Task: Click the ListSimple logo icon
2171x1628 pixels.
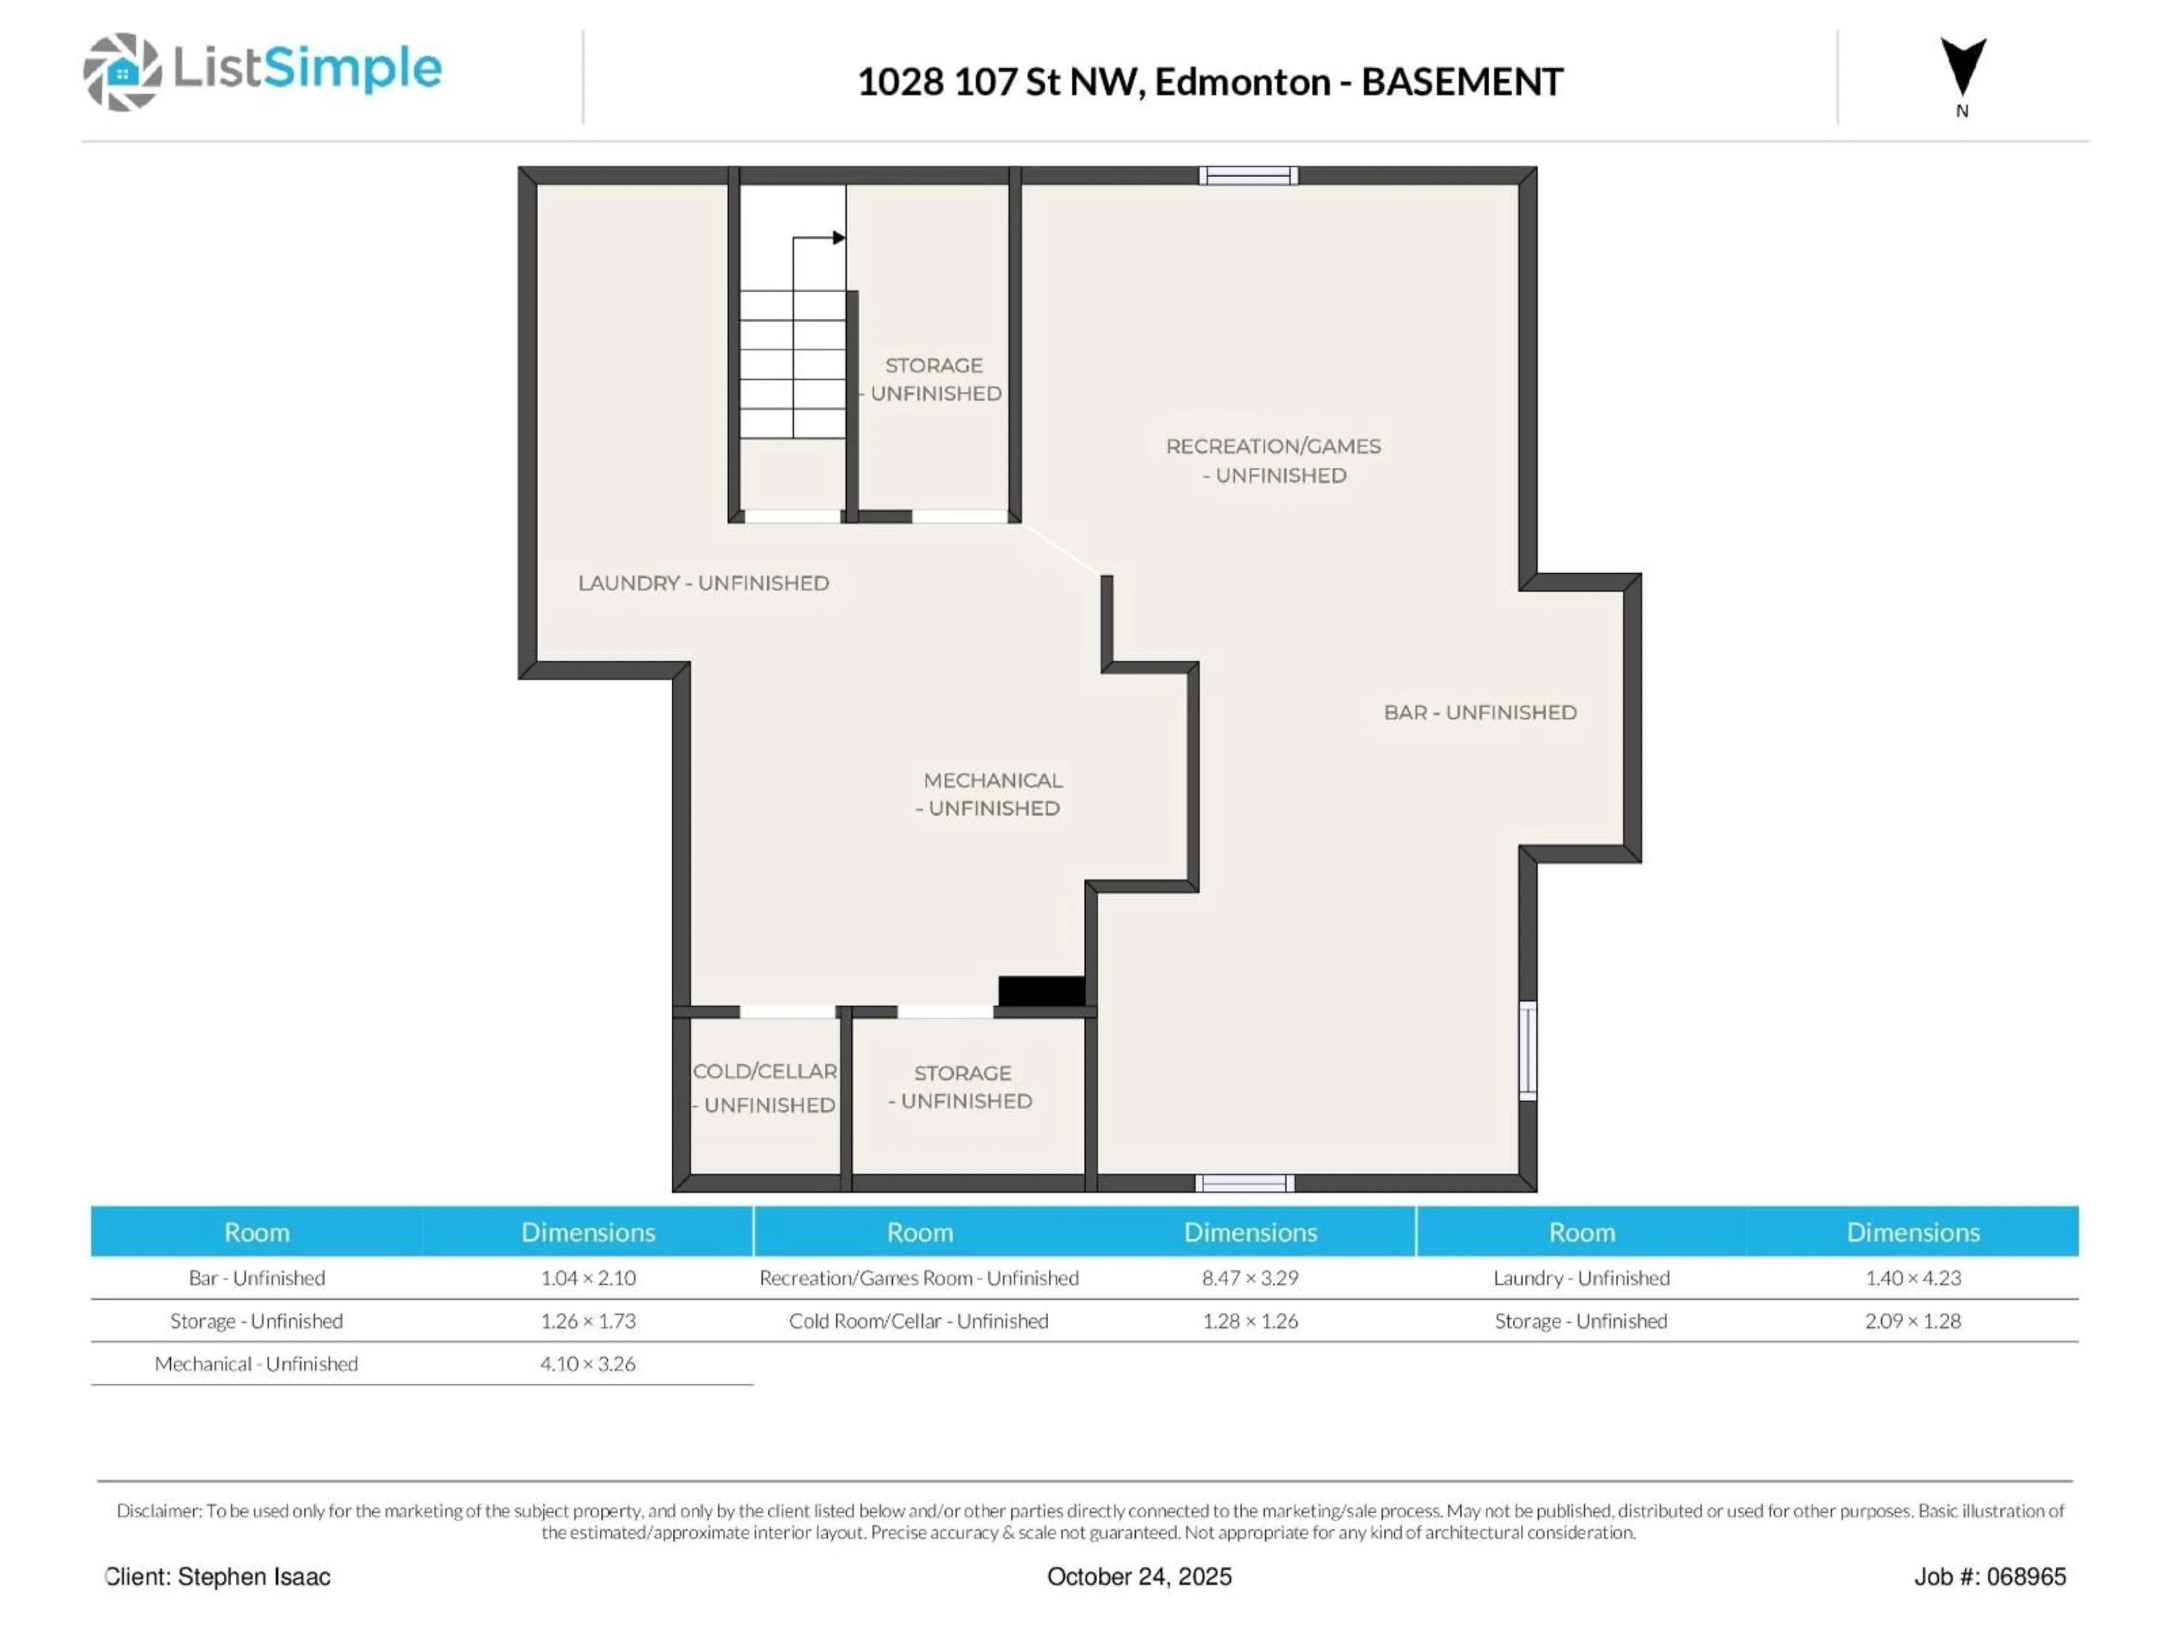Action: tap(122, 72)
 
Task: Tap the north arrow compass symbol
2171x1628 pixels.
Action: tap(1962, 69)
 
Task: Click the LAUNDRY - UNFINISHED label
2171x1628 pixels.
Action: tap(703, 583)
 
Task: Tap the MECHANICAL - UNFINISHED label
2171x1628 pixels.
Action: tap(991, 794)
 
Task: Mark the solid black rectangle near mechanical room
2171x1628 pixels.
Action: tap(1041, 990)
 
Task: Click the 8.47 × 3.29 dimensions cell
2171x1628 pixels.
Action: tap(1249, 1278)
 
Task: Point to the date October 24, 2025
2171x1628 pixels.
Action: tap(1139, 1576)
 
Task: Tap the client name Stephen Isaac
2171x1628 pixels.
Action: tap(253, 1576)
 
